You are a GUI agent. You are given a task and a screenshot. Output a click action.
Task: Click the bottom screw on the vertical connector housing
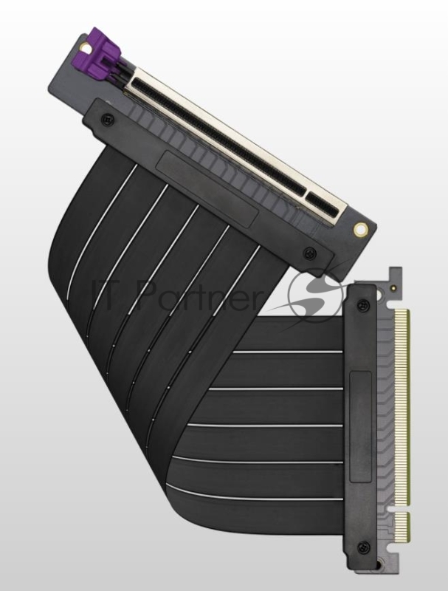click(x=362, y=547)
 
